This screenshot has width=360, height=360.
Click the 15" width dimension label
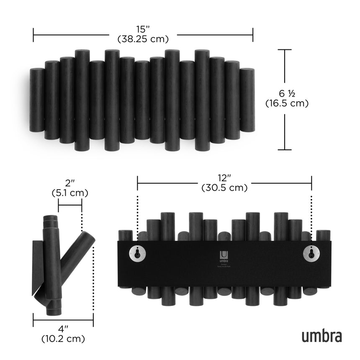(x=143, y=29)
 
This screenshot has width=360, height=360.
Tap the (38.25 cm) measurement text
(x=143, y=39)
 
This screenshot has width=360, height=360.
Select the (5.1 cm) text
(x=69, y=193)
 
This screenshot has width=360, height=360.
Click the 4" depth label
(x=63, y=328)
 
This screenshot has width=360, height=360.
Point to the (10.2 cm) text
(x=63, y=338)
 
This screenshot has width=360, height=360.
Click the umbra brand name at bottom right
(x=321, y=336)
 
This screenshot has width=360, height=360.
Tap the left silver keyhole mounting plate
(x=137, y=252)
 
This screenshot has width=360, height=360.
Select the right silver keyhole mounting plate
(x=311, y=252)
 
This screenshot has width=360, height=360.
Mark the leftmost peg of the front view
(x=37, y=100)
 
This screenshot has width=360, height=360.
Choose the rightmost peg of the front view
(x=247, y=100)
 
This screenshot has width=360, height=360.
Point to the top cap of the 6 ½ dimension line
(x=285, y=50)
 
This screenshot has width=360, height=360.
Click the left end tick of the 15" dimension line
(x=33, y=35)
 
